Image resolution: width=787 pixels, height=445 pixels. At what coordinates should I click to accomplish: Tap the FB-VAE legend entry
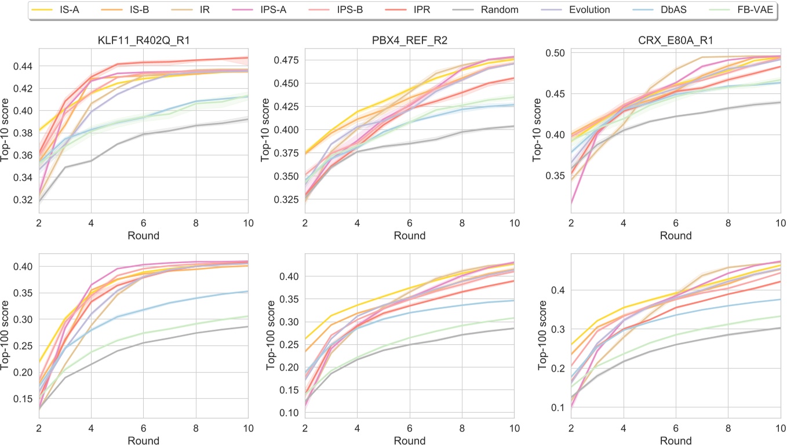click(x=757, y=10)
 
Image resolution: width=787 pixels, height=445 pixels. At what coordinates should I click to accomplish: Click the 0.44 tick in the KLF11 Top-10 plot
click(x=26, y=67)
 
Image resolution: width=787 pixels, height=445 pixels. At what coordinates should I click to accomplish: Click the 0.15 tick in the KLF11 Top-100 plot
click(x=26, y=399)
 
